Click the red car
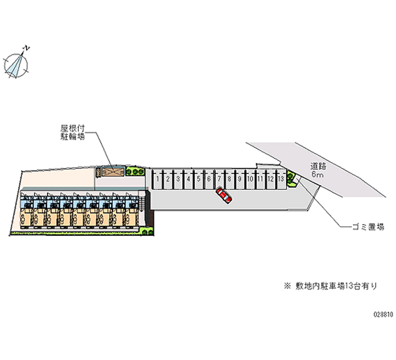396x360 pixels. point(224,196)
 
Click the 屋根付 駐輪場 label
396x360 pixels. point(69,132)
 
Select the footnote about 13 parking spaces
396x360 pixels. point(330,286)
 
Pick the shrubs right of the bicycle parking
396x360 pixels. point(135,171)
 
